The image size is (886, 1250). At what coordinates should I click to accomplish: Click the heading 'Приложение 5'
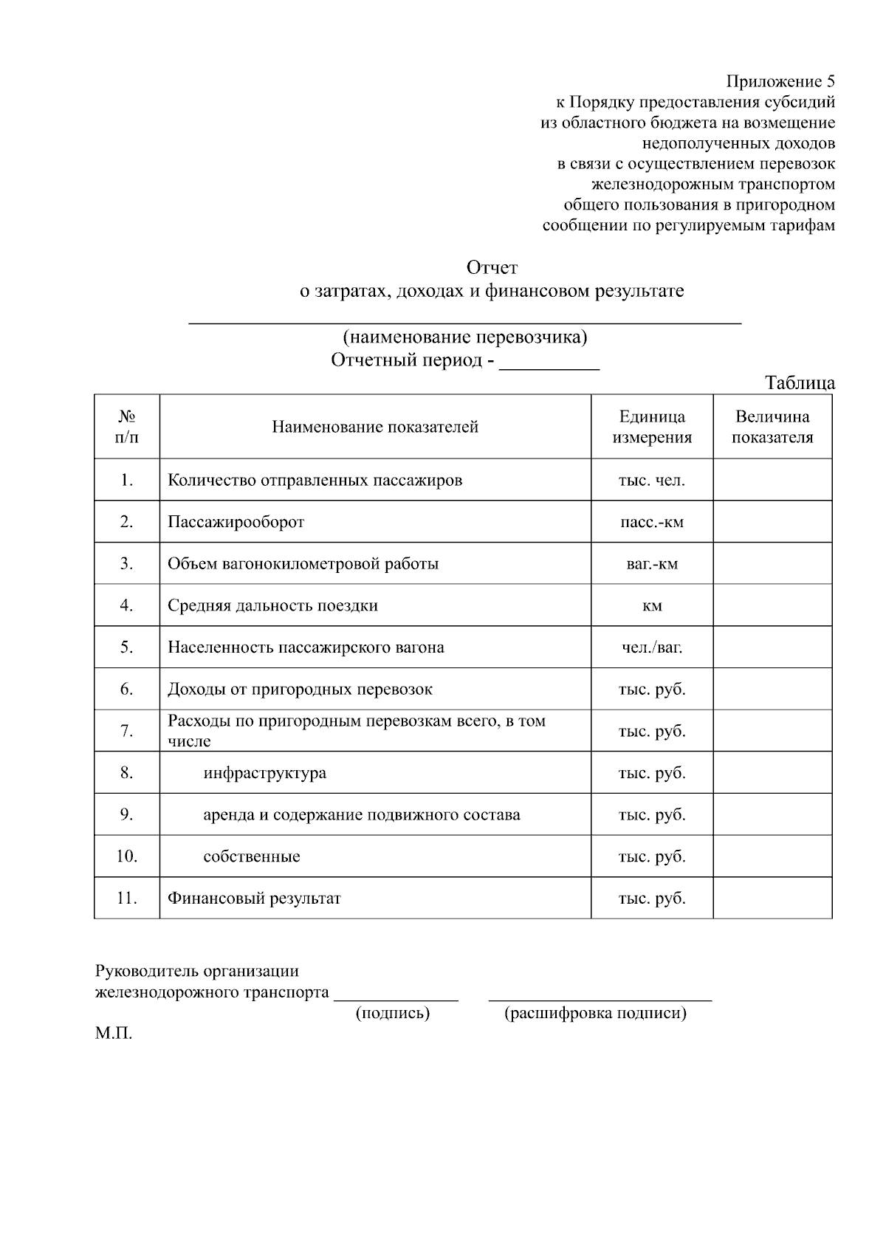[780, 81]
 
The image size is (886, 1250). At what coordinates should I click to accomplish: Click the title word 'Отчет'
[492, 267]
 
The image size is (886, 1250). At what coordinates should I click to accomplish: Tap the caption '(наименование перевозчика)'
[465, 337]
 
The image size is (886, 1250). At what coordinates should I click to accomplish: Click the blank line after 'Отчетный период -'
[549, 363]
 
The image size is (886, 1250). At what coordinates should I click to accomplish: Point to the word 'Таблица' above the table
[800, 383]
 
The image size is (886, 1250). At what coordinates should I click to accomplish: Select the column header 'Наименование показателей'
[375, 427]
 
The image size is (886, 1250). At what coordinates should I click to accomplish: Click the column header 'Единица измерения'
[652, 427]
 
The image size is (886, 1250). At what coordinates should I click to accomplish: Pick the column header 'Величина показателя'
[772, 427]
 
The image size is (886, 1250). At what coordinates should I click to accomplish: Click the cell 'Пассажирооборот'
[236, 522]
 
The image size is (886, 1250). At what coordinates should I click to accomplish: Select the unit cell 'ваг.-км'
[652, 564]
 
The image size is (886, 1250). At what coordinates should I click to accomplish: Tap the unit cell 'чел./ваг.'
[652, 648]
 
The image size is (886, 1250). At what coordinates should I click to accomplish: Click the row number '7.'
[126, 731]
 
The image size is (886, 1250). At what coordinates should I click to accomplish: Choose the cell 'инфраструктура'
[264, 773]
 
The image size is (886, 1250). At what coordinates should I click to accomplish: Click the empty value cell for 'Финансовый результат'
[772, 899]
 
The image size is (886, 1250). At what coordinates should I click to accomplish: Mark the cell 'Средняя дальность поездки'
[272, 605]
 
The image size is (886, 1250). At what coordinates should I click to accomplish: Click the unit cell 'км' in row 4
[652, 606]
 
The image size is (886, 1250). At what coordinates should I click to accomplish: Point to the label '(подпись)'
[393, 1013]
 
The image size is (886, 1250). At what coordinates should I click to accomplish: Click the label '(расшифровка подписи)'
[595, 1013]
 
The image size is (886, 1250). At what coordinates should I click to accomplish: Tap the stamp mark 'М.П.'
[113, 1034]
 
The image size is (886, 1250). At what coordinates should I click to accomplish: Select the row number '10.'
[126, 856]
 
